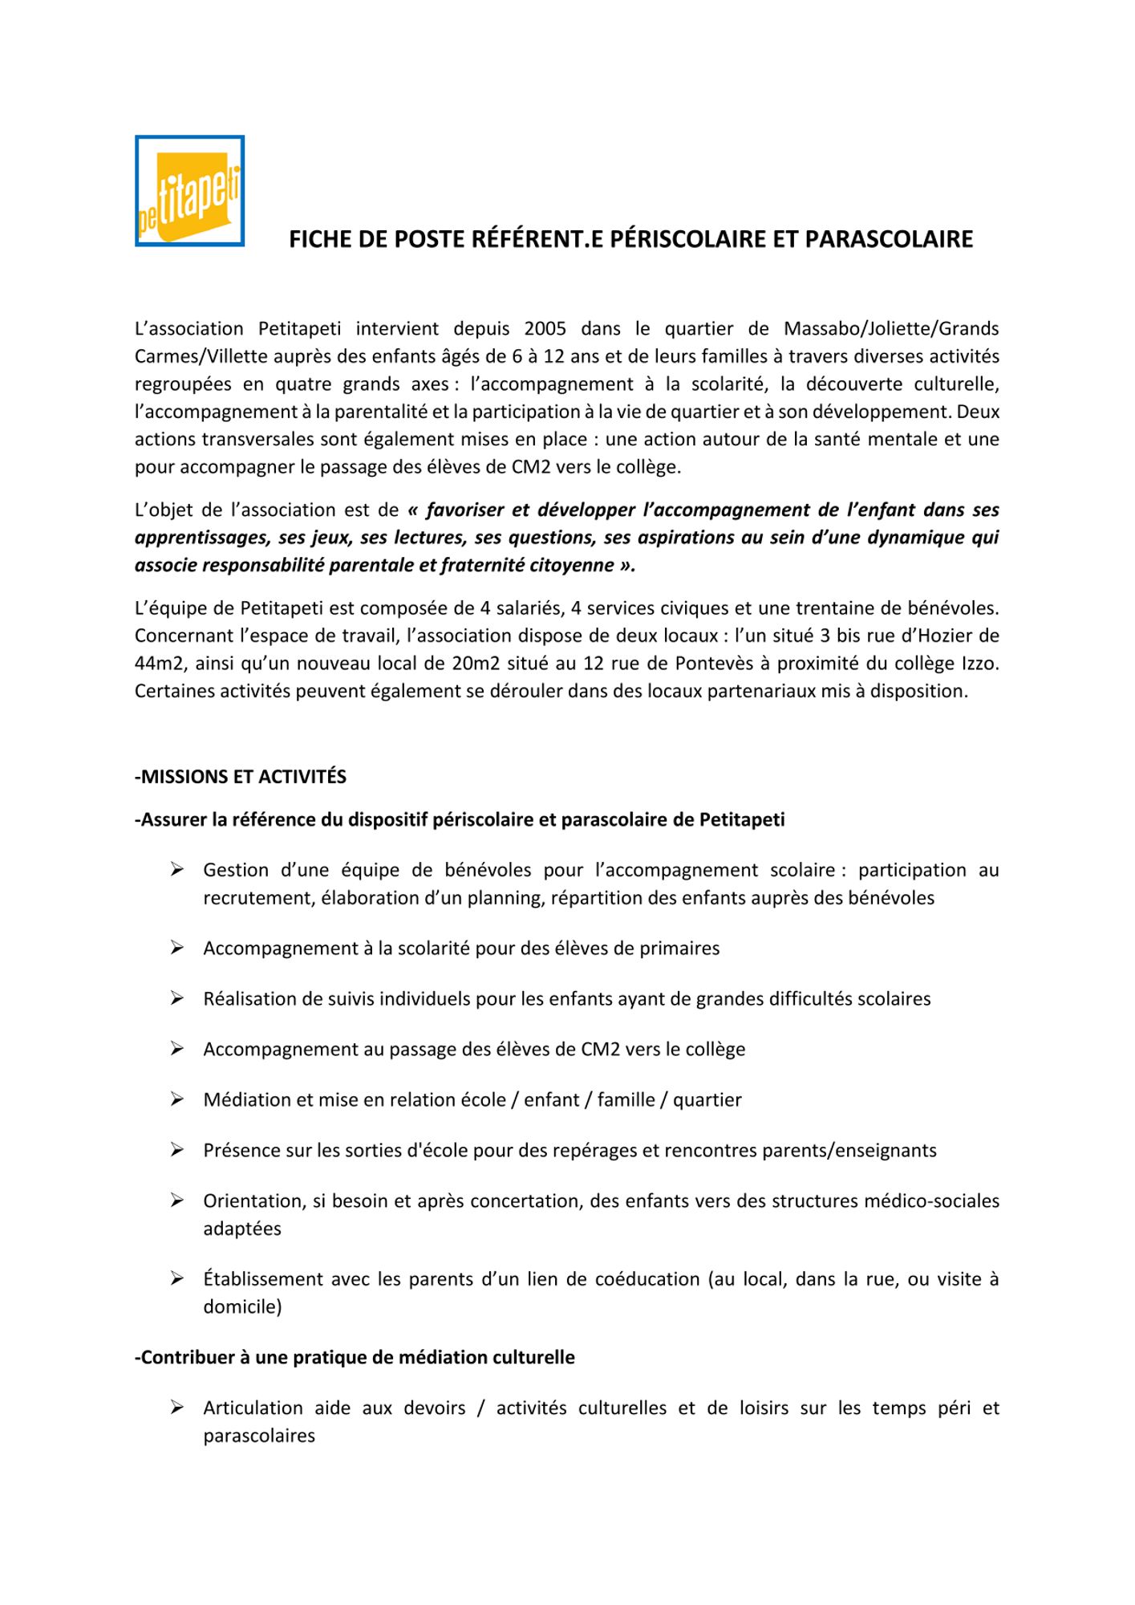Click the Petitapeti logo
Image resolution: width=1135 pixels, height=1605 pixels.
[x=189, y=191]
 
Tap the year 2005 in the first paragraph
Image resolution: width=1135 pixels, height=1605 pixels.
[x=545, y=328]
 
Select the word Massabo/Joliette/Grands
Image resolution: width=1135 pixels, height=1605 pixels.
[x=891, y=328]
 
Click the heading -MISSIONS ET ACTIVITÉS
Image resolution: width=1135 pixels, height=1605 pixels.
[x=241, y=777]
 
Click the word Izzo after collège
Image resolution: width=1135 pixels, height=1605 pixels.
[x=978, y=664]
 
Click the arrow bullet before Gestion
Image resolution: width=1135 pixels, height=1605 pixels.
[x=177, y=870]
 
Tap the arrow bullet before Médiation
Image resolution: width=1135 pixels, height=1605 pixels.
[x=177, y=1099]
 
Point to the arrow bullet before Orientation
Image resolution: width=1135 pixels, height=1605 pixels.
[x=177, y=1201]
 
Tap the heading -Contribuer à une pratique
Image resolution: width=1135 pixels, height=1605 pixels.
[x=355, y=1358]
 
